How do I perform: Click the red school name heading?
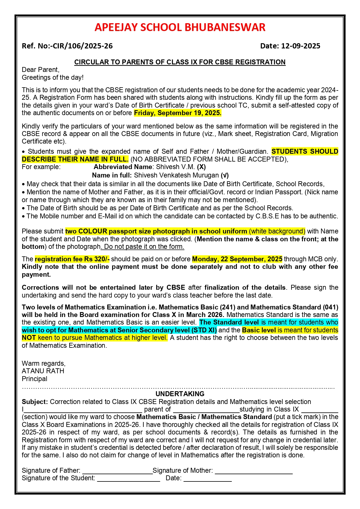[180, 27]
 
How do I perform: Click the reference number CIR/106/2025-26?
[83, 46]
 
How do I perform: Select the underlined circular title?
[180, 62]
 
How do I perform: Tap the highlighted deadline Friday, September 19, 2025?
[178, 113]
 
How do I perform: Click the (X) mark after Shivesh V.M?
[201, 167]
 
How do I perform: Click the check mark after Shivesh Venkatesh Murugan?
[225, 175]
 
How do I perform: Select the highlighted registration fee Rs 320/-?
[72, 259]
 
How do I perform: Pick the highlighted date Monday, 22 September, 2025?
[237, 259]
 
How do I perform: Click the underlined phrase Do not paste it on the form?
[144, 247]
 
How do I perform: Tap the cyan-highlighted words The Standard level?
[229, 322]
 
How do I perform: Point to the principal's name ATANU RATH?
[43, 371]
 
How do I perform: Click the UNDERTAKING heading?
[180, 394]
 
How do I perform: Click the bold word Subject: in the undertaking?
[35, 402]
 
